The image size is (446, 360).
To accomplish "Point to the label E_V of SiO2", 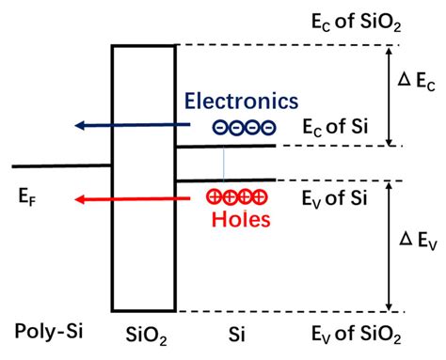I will (349, 333).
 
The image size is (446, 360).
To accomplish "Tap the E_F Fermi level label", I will (29, 198).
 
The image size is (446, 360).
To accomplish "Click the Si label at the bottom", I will (236, 333).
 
